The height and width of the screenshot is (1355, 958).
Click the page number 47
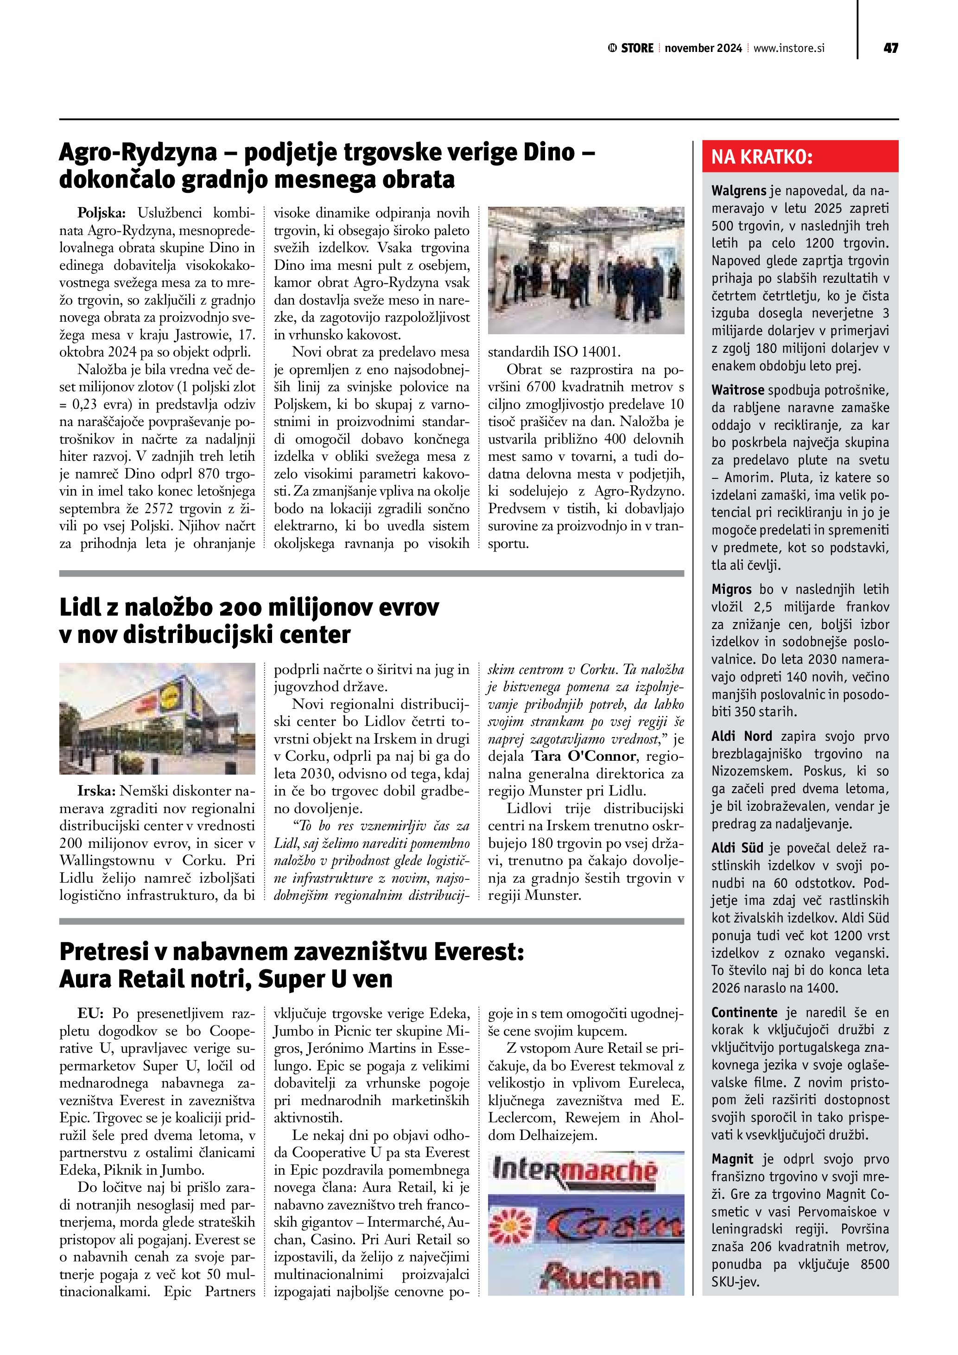click(x=891, y=48)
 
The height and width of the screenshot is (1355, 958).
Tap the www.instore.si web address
click(x=789, y=48)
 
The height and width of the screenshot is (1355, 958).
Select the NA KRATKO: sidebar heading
click(x=762, y=157)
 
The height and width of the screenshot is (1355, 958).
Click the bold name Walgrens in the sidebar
click(x=739, y=191)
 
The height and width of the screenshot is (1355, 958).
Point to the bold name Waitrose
click(x=737, y=390)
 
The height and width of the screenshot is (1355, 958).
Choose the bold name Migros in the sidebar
click(x=731, y=589)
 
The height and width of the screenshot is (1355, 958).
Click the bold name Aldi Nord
click(x=742, y=736)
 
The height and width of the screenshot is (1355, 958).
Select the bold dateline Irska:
click(x=97, y=791)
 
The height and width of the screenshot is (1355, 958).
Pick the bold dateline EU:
click(x=90, y=1013)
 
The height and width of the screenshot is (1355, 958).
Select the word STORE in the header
click(x=637, y=48)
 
